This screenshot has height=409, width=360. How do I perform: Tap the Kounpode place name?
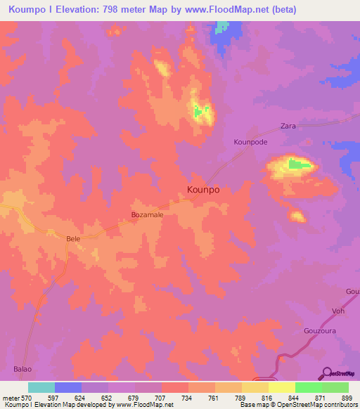pyautogui.click(x=251, y=141)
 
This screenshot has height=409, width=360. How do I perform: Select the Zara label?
pyautogui.click(x=288, y=125)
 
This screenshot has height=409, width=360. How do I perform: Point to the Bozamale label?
pyautogui.click(x=147, y=216)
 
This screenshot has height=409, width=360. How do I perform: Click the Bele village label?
pyautogui.click(x=73, y=239)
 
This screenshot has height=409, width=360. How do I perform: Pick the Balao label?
pyautogui.click(x=22, y=368)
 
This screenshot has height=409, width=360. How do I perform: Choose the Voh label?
pyautogui.click(x=338, y=311)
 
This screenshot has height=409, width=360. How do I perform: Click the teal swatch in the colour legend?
pyautogui.click(x=41, y=387)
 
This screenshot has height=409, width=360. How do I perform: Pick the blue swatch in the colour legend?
pyautogui.click(x=67, y=387)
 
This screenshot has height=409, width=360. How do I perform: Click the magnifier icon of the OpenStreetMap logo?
pyautogui.click(x=326, y=373)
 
